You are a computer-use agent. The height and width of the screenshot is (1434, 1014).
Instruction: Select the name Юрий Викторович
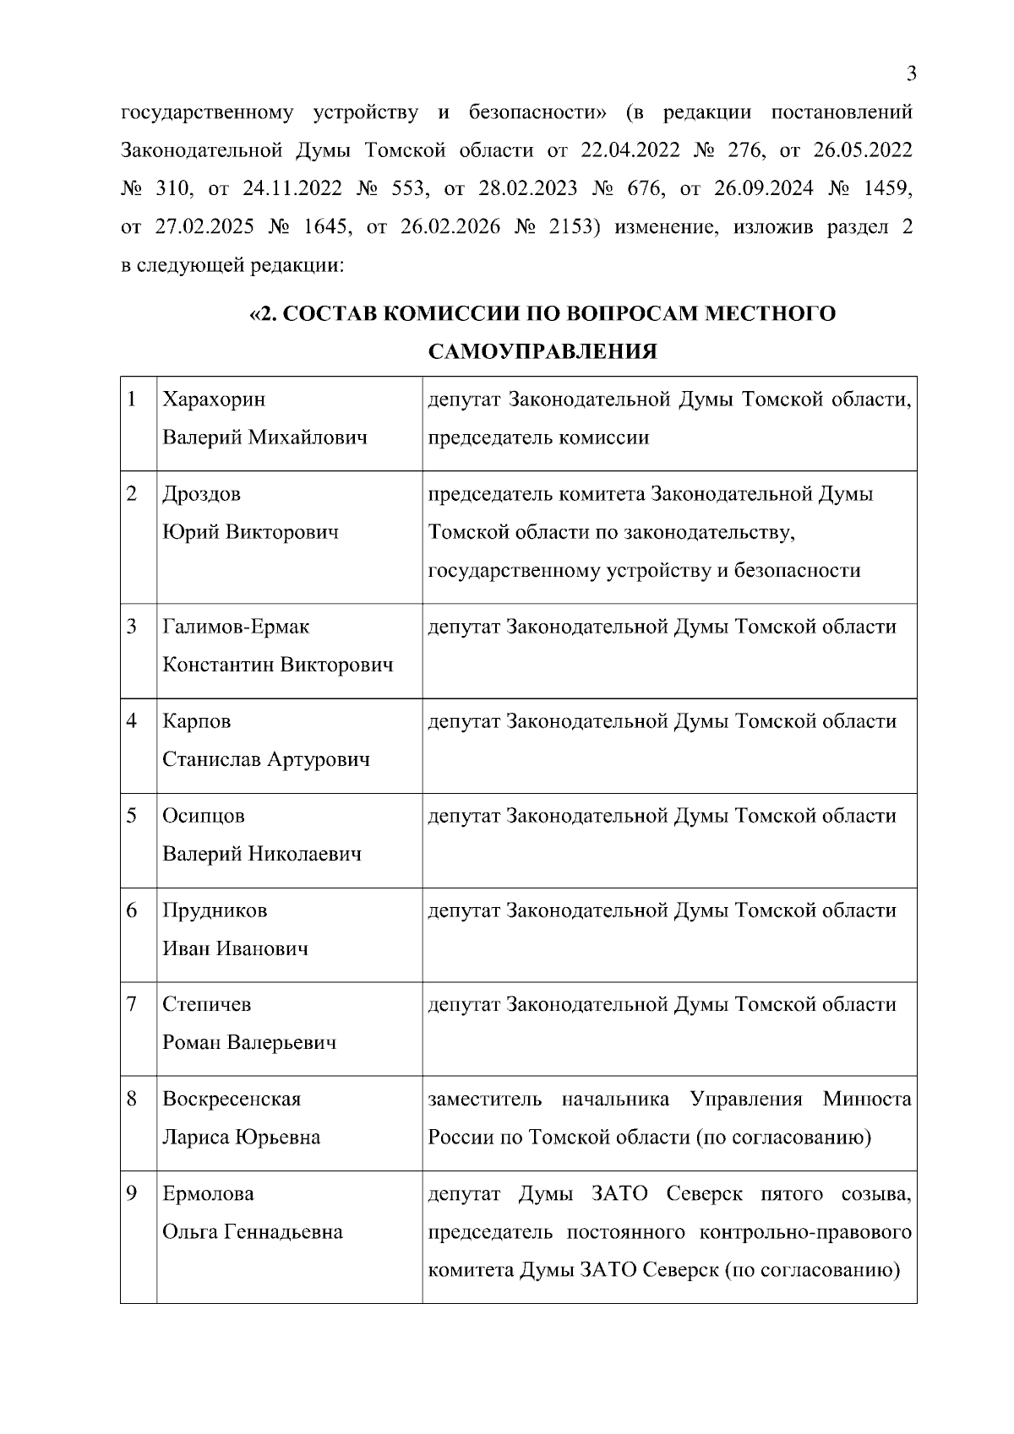(x=250, y=532)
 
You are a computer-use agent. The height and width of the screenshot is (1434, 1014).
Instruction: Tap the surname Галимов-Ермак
(x=236, y=627)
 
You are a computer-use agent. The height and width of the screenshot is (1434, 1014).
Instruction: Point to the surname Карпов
(x=196, y=721)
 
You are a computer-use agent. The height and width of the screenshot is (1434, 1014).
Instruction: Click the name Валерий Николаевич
(x=262, y=854)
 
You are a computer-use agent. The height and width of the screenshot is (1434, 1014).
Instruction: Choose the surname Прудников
(x=215, y=910)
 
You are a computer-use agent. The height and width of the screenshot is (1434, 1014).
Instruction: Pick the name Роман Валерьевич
(x=249, y=1042)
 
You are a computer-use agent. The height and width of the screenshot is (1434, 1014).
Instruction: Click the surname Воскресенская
(x=232, y=1100)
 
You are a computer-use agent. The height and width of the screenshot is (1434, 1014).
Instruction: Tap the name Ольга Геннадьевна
(x=253, y=1231)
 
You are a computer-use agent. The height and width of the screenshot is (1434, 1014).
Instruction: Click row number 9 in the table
(x=131, y=1193)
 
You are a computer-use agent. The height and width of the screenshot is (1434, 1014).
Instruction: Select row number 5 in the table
(x=131, y=816)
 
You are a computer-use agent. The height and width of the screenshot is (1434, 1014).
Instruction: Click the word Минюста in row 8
(x=867, y=1100)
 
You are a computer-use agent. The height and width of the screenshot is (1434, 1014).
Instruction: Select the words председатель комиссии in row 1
(x=538, y=437)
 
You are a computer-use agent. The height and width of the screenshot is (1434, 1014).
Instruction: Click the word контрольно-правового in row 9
(x=806, y=1231)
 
